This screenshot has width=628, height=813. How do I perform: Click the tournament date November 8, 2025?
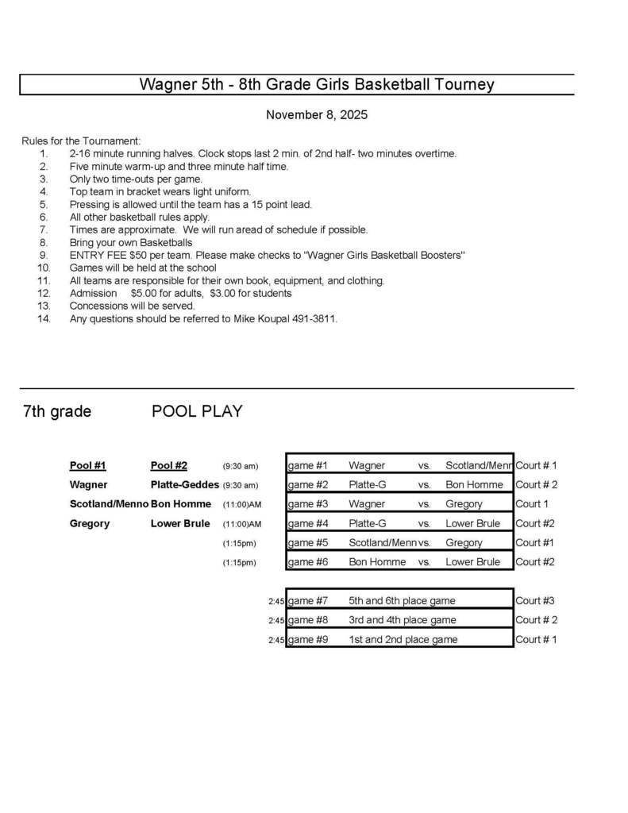click(x=316, y=115)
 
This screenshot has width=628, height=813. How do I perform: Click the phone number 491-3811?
click(x=315, y=318)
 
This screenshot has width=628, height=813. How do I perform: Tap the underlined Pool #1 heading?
click(x=87, y=466)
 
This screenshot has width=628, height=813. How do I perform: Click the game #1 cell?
click(x=307, y=466)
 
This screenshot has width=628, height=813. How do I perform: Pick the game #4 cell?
click(x=307, y=524)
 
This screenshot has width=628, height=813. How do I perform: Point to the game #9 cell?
click(x=307, y=640)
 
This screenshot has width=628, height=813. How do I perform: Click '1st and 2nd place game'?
click(x=403, y=640)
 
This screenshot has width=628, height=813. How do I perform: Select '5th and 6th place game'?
click(x=402, y=601)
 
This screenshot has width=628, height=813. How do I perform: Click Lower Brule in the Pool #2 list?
click(x=180, y=524)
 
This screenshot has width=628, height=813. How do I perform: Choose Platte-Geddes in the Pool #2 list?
click(x=184, y=485)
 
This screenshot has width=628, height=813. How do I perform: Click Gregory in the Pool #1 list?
click(x=89, y=524)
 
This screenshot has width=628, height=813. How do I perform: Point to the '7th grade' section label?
click(x=57, y=411)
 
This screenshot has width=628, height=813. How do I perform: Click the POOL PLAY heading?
click(x=197, y=411)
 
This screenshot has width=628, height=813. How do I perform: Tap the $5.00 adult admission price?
click(x=144, y=293)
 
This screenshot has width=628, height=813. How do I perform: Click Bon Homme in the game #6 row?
click(x=377, y=562)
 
